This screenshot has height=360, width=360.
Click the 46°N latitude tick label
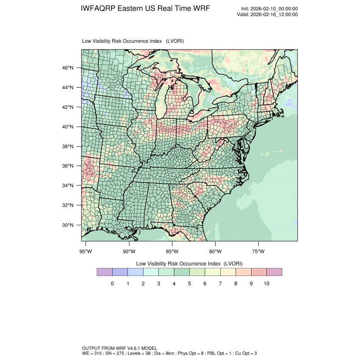pos(68,68)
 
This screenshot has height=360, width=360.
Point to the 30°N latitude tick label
pos(68,225)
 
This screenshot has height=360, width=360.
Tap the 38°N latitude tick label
pos(68,147)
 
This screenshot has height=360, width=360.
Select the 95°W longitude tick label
pos(86,252)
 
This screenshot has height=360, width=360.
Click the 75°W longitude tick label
pos(258,252)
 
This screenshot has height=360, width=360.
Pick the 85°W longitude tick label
pos(172,252)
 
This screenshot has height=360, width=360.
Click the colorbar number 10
pos(266,283)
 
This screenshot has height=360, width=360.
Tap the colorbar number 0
pos(112,283)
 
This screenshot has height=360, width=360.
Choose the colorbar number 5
pos(189,283)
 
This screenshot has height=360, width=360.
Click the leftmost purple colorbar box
pos(105,272)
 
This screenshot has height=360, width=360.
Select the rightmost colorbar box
pos(274,272)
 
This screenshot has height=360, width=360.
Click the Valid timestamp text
pos(267,14)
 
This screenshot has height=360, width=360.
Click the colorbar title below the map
pos(189,263)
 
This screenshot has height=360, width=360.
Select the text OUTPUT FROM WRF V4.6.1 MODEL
pos(120,348)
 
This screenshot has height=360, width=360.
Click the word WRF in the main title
pos(201,9)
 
